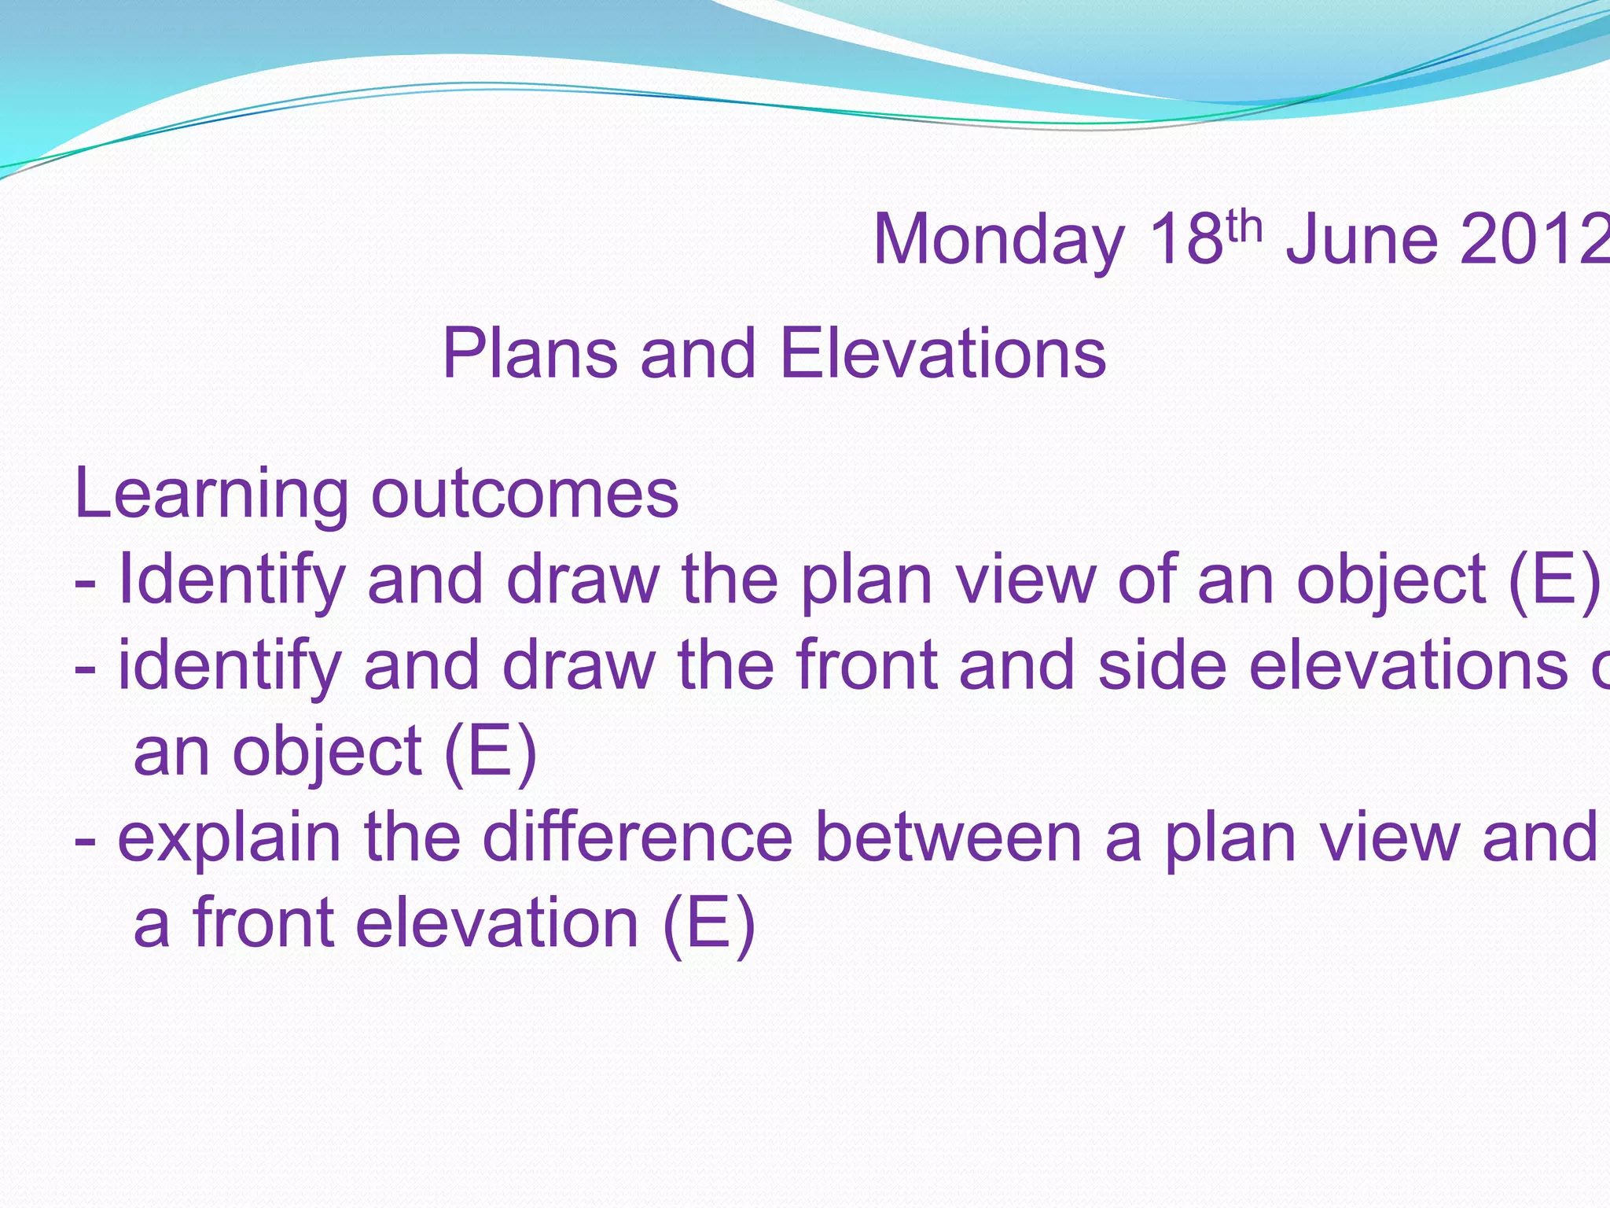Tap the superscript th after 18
tap(1244, 226)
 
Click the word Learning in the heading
tap(211, 495)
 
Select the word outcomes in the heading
tap(524, 495)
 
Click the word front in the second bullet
tap(866, 666)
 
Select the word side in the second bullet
tap(1162, 666)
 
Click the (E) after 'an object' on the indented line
tap(490, 753)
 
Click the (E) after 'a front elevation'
tap(709, 923)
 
